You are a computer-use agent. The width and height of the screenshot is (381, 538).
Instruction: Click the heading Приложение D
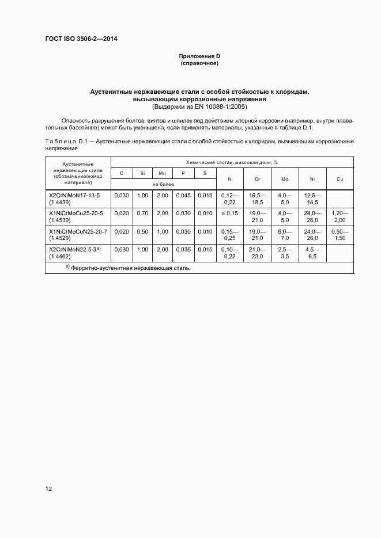tap(199, 56)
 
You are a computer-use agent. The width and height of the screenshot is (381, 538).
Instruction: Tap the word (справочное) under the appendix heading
tap(199, 63)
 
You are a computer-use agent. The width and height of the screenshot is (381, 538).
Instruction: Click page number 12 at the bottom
tap(49, 489)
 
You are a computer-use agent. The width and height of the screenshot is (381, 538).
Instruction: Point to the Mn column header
tap(163, 173)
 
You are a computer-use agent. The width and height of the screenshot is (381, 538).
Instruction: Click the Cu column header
tap(340, 179)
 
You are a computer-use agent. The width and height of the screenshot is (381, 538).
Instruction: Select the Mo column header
tap(285, 179)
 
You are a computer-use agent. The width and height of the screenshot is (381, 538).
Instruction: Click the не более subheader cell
tap(163, 184)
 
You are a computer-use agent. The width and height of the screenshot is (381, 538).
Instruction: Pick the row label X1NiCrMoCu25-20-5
tap(76, 213)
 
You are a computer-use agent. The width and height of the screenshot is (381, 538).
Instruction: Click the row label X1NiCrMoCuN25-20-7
tap(77, 231)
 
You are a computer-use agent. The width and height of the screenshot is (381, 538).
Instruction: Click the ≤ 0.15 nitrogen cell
tap(229, 213)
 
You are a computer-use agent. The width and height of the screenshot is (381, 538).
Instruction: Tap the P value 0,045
tap(184, 196)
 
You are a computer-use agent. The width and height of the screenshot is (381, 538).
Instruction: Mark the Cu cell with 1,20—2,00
tap(340, 217)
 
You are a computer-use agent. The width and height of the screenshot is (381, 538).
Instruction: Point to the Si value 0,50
tap(142, 231)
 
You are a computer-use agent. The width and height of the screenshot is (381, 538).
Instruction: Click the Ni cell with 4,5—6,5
tap(312, 253)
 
